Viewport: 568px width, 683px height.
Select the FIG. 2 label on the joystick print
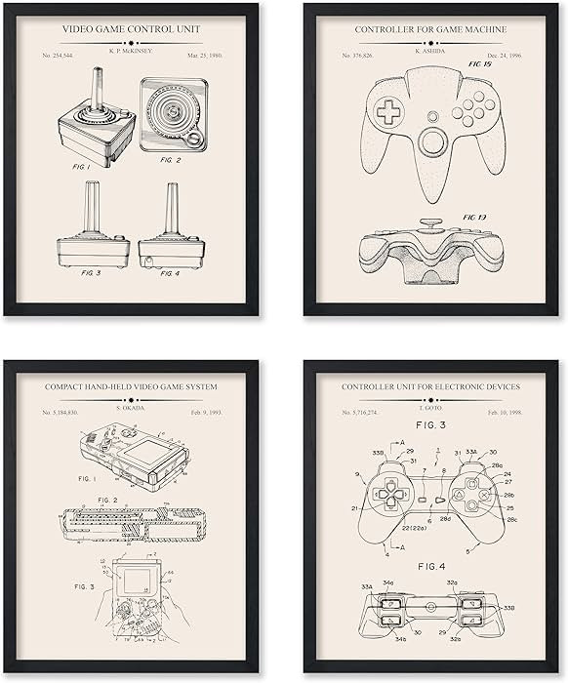coord(171,159)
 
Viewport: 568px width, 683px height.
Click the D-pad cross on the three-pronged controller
coord(389,113)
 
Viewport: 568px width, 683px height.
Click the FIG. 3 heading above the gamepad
coord(430,427)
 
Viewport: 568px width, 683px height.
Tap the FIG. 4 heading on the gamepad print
coord(430,565)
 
